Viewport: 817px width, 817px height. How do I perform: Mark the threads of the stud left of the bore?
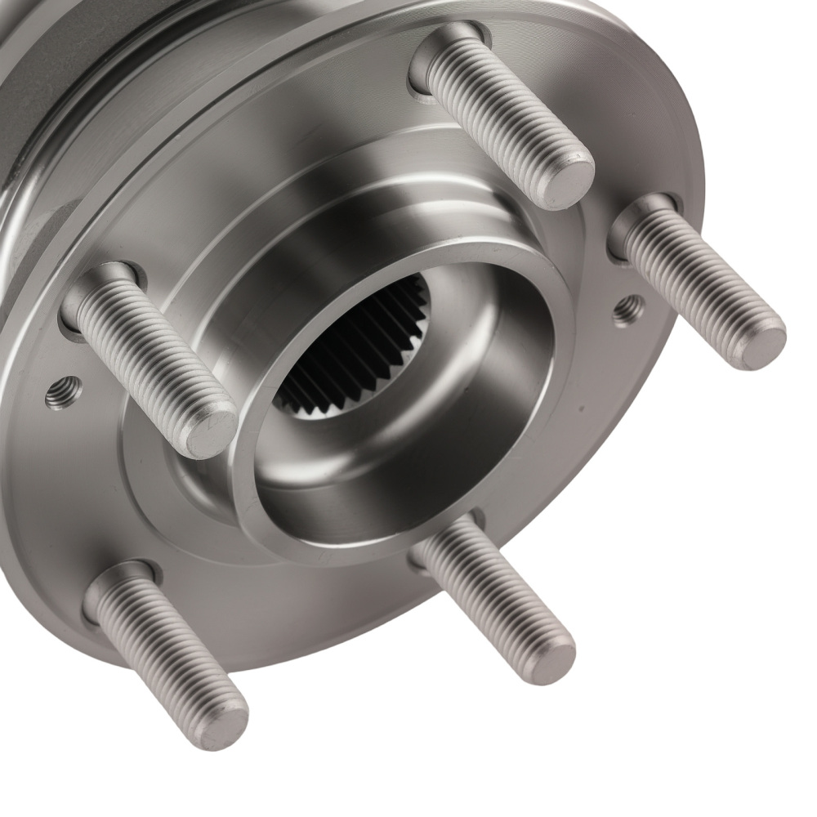[151, 359]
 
